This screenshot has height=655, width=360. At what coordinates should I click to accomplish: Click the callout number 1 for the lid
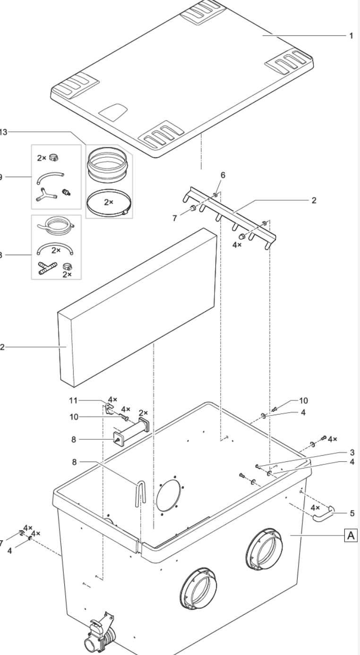pyautogui.click(x=351, y=36)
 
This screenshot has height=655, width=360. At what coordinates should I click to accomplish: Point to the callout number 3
pyautogui.click(x=351, y=452)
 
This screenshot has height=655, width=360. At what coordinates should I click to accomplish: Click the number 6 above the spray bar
pyautogui.click(x=223, y=175)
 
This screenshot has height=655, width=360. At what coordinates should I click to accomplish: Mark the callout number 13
pyautogui.click(x=4, y=132)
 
